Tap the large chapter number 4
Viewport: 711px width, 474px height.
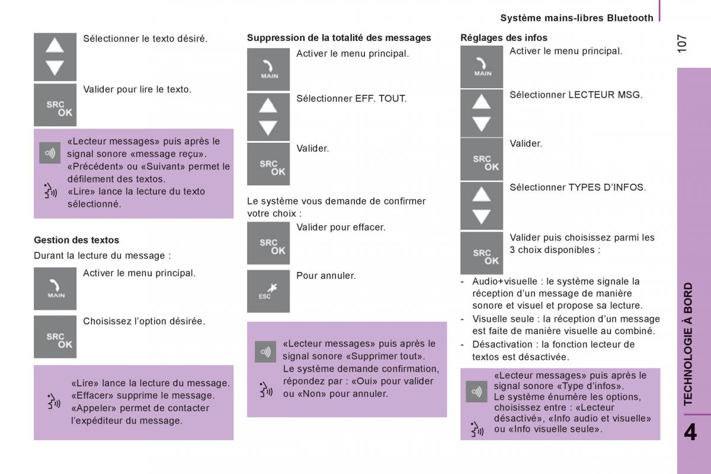coord(690,431)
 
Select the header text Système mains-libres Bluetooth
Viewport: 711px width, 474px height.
coord(577,18)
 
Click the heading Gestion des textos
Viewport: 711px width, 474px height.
coord(76,240)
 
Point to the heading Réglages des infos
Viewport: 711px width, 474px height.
coord(504,37)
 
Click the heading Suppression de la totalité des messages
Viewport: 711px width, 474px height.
coord(339,37)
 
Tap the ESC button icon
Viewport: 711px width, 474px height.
coord(268,291)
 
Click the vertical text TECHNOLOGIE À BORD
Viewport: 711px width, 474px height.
coord(688,344)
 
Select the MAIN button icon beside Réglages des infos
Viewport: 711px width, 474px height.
coord(482,67)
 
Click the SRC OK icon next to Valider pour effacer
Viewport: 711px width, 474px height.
coord(268,243)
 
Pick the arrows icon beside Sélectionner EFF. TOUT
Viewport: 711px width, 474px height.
coord(268,117)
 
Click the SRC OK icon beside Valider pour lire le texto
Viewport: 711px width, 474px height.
coord(55,105)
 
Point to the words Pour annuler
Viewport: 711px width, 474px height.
coord(326,276)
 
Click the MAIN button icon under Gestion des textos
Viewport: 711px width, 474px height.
coord(55,289)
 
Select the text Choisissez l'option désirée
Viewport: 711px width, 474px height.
coord(144,321)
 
